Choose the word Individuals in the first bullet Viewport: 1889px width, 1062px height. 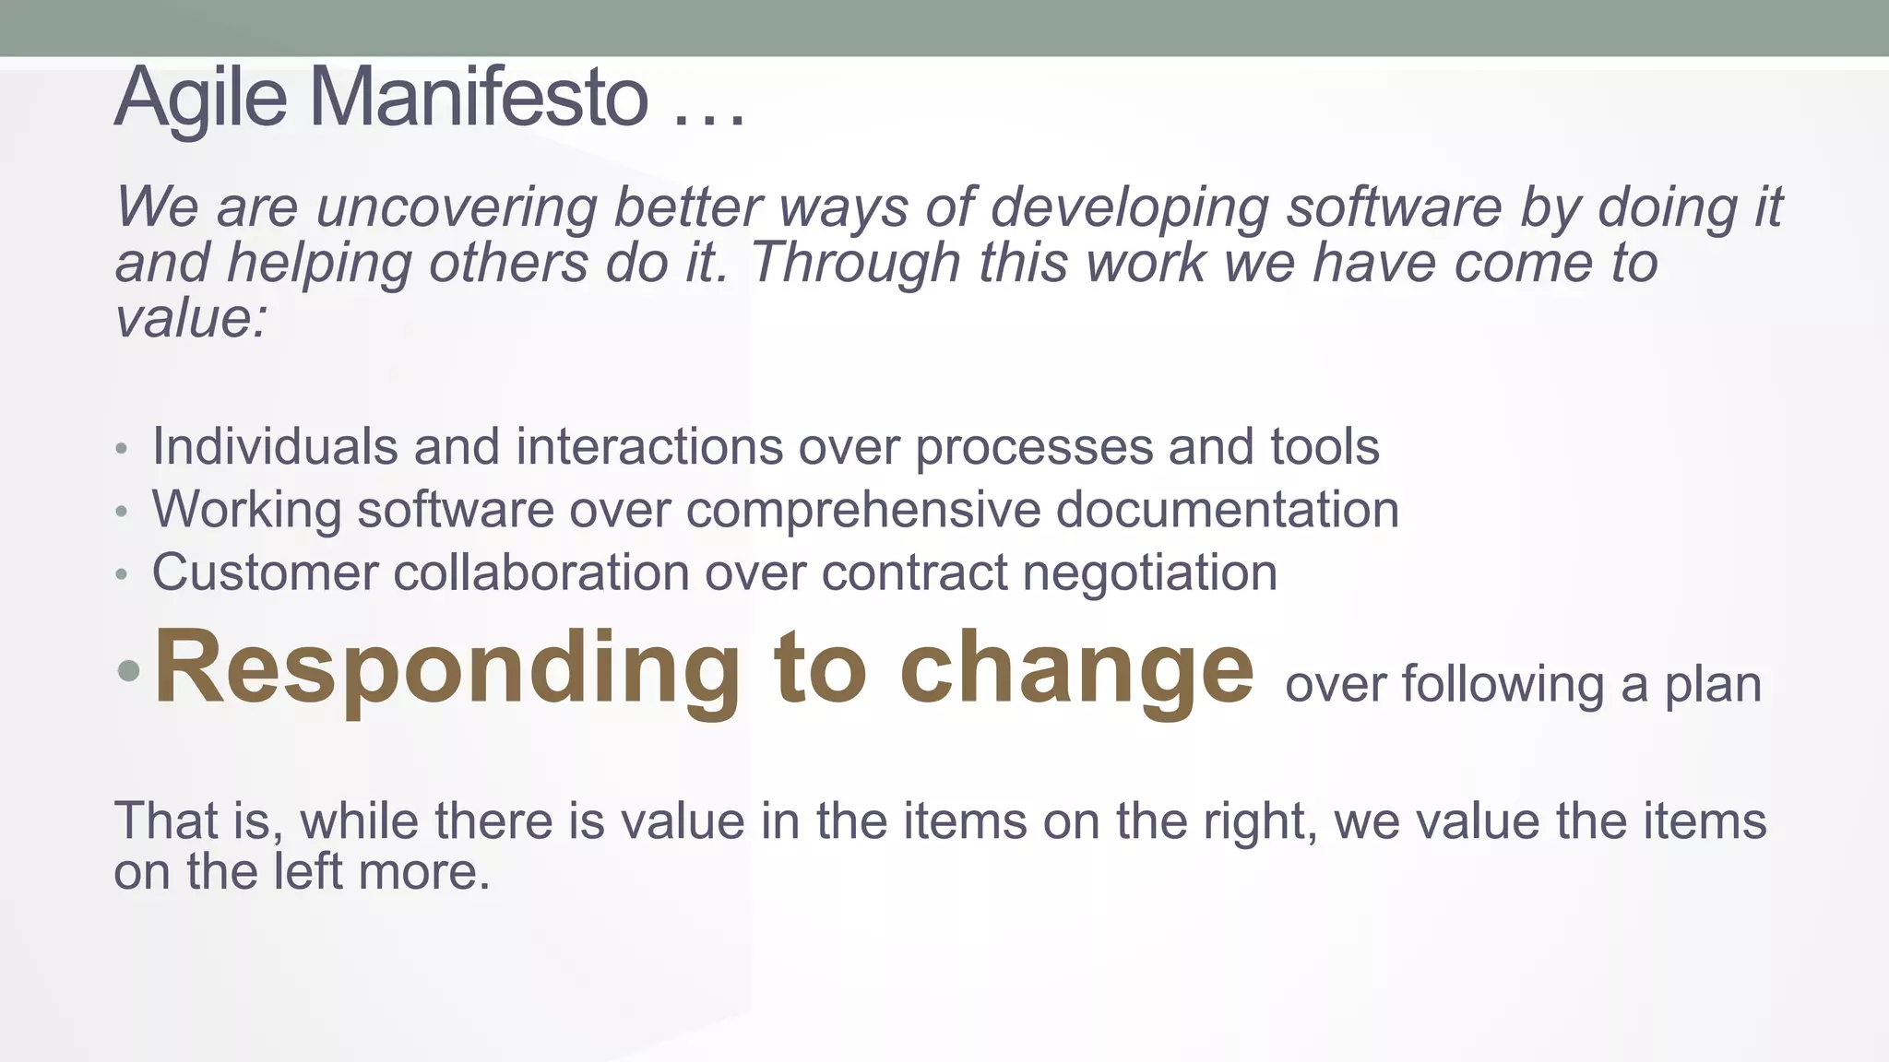275,446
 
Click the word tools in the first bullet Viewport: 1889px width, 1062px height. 1325,446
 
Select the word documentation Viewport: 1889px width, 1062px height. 1227,509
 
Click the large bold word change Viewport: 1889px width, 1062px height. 1076,668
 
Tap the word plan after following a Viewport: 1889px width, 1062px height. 1713,685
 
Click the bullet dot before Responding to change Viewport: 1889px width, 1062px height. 129,671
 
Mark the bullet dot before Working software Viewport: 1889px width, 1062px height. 122,512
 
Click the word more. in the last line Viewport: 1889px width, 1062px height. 424,871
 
